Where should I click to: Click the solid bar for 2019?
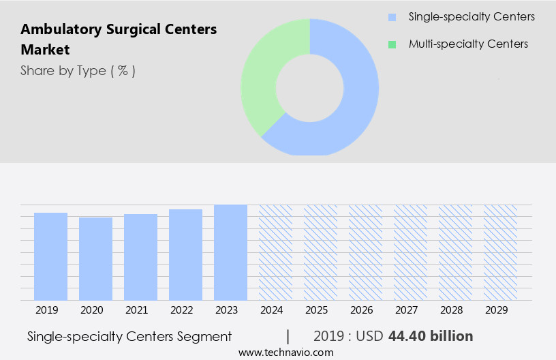click(x=50, y=256)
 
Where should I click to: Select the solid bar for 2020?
click(x=95, y=259)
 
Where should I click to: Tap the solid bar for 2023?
click(x=230, y=252)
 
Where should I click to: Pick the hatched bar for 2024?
click(x=275, y=252)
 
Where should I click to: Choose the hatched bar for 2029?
click(x=500, y=252)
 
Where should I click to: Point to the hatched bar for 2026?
click(x=365, y=252)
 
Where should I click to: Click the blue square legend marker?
click(x=392, y=17)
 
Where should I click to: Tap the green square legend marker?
click(x=392, y=44)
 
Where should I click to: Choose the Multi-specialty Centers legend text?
click(x=468, y=44)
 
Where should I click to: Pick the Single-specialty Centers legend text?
click(x=472, y=17)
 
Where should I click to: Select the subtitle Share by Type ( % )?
click(x=78, y=71)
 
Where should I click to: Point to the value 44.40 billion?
click(x=430, y=336)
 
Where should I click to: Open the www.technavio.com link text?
click(x=285, y=352)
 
